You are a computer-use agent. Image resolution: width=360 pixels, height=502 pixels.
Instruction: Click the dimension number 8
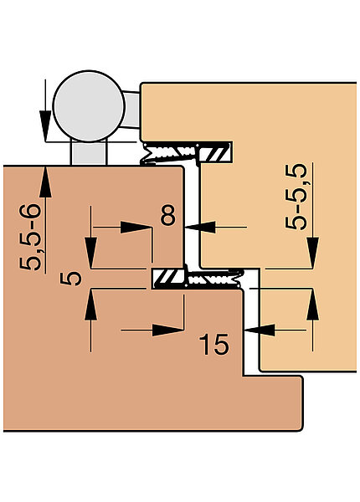(168, 215)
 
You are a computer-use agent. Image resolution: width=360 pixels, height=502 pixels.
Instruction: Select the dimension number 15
(213, 344)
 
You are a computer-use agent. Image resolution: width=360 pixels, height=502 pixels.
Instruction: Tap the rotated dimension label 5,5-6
(30, 237)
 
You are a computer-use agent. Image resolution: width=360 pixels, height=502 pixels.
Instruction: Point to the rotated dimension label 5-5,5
(296, 197)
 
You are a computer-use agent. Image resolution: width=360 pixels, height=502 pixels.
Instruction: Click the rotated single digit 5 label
(71, 278)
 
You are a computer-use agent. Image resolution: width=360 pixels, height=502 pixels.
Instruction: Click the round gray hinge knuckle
(89, 106)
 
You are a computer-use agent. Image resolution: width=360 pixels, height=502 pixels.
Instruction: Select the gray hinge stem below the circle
(88, 153)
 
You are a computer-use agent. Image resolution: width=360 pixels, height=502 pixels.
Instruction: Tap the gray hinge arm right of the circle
(131, 110)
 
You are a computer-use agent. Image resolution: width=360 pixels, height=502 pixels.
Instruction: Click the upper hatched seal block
(215, 152)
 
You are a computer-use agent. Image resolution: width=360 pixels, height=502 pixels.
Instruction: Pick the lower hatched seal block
(168, 279)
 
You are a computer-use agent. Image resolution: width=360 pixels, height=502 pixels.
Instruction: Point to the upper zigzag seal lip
(170, 154)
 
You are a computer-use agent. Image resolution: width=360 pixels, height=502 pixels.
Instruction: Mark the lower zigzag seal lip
(214, 278)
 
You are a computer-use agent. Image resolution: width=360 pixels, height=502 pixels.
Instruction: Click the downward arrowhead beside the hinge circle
(45, 125)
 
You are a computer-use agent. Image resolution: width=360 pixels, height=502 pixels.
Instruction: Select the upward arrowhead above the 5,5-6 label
(45, 182)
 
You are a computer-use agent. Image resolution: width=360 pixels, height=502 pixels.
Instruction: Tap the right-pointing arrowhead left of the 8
(136, 228)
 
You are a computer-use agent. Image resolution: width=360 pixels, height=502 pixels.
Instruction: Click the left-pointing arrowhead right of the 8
(200, 228)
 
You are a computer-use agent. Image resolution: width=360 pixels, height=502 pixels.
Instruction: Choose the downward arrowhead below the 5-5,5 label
(312, 253)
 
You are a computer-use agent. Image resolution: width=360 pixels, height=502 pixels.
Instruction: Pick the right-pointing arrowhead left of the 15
(167, 330)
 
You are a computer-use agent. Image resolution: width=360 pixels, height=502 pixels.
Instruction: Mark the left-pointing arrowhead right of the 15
(260, 330)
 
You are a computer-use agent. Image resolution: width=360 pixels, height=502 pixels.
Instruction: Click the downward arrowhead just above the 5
(91, 253)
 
